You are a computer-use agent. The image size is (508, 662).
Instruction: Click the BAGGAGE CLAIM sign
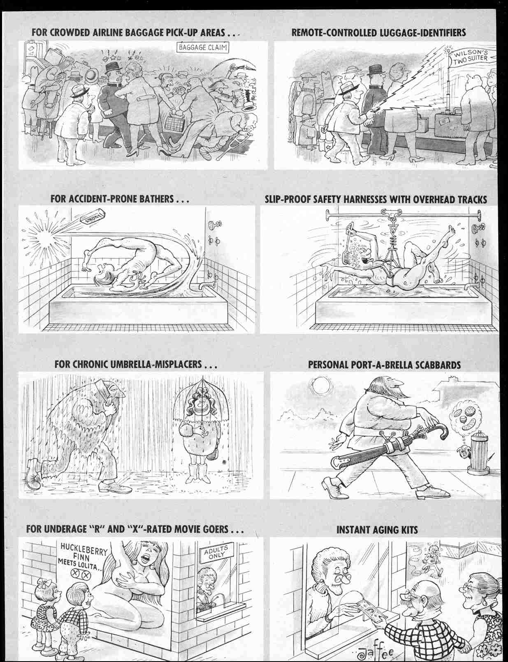click(x=203, y=47)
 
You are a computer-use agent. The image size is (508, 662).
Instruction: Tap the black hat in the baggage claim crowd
click(x=112, y=68)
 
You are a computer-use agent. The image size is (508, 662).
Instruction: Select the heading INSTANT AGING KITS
click(x=377, y=530)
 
